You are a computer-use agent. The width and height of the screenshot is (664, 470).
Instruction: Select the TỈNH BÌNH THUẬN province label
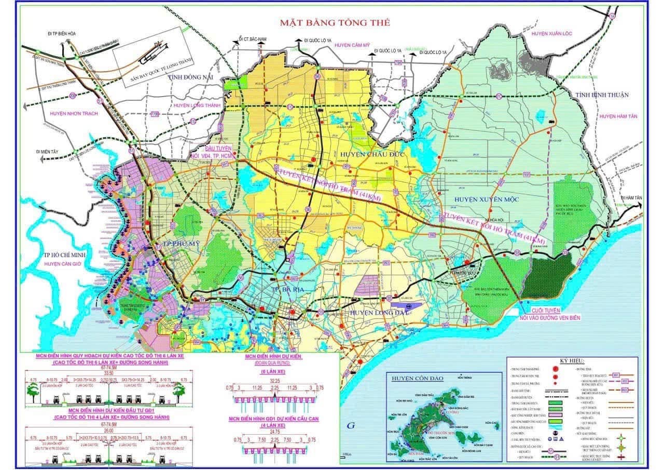pos(601,95)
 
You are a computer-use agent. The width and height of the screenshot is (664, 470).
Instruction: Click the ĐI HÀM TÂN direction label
pos(630,198)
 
